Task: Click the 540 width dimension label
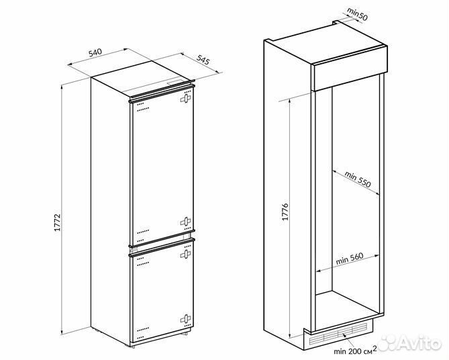(95, 53)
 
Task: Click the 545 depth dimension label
(203, 59)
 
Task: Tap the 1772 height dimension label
(57, 222)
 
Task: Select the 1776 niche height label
(285, 212)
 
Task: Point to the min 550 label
(358, 179)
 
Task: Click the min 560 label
(350, 259)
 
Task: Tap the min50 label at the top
(357, 14)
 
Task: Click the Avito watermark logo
(410, 343)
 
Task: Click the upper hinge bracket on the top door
(185, 98)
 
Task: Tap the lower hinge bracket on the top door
(185, 222)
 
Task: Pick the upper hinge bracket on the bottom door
(185, 254)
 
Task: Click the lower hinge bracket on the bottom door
(185, 319)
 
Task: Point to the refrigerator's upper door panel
(162, 167)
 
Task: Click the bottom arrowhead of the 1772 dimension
(62, 331)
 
